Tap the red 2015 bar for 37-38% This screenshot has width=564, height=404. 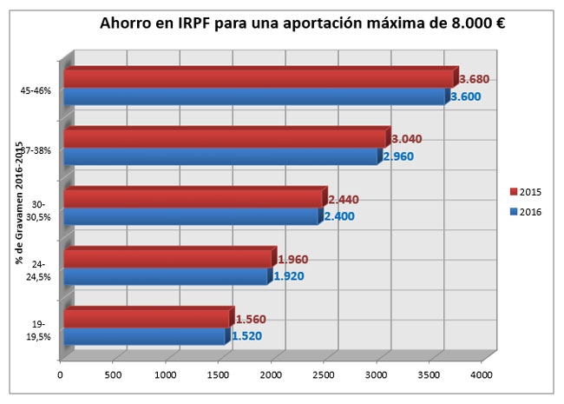pos(227,137)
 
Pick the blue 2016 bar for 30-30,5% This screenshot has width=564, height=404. pos(193,216)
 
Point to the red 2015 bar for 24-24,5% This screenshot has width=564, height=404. pos(170,257)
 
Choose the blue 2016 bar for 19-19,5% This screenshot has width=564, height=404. pos(148,336)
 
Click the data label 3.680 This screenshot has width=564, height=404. pos(475,79)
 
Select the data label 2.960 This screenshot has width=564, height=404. pos(398,156)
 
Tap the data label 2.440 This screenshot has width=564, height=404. pos(344,199)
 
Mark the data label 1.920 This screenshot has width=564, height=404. pos(289,276)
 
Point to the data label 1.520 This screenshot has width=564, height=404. pos(246,336)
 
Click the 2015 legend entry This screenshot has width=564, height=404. pos(526,192)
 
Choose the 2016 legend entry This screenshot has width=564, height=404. pos(526,212)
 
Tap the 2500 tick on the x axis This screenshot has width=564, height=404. pos(324,374)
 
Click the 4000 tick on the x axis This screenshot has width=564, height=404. pos(482,374)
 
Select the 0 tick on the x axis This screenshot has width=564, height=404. pos(60,374)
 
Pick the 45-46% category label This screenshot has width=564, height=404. pos(36,90)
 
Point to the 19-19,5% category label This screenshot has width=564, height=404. pos(38,330)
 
